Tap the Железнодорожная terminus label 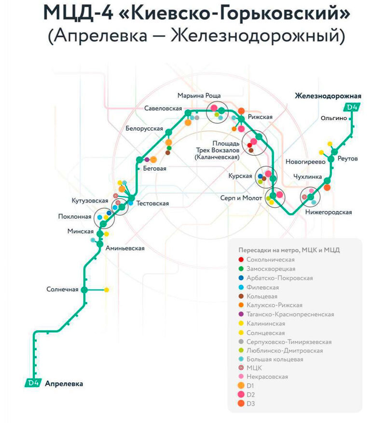click(328, 96)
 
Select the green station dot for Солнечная click(84, 289)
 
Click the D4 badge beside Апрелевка click(33, 383)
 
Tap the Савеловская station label click(163, 109)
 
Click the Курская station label click(241, 176)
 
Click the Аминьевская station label click(124, 248)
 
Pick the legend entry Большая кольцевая click(274, 360)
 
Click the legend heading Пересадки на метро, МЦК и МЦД click(289, 250)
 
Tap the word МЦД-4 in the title click(74, 14)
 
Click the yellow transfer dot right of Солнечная click(107, 289)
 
